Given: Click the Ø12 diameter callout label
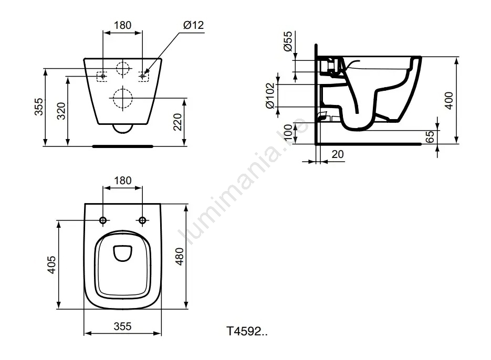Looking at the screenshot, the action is click(194, 25).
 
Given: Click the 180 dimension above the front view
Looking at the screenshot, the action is click(123, 25).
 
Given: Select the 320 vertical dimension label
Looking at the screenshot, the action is click(61, 111).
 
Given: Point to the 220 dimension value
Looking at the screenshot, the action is click(177, 122).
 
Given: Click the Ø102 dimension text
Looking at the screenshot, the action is click(270, 96).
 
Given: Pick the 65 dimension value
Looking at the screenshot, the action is click(430, 137).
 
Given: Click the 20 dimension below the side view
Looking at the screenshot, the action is click(338, 154).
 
